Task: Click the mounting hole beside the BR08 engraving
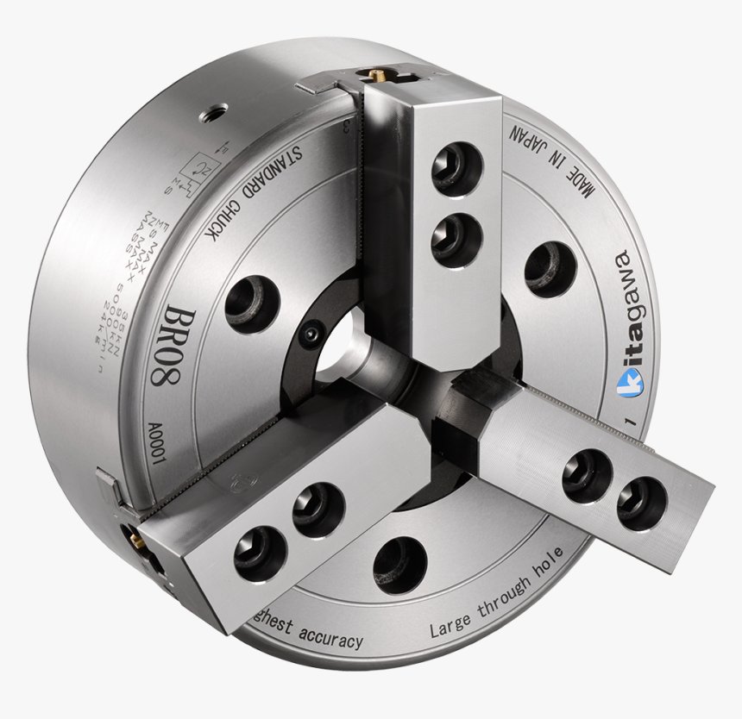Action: click(x=251, y=303)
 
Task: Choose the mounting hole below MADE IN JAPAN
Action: click(x=550, y=264)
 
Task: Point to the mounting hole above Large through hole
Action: click(x=400, y=565)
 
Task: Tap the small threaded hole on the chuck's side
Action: click(x=213, y=112)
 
